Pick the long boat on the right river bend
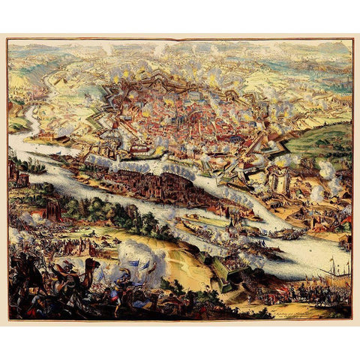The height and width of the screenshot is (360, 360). coord(286,233)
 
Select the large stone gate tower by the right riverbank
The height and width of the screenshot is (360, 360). coord(278,180)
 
